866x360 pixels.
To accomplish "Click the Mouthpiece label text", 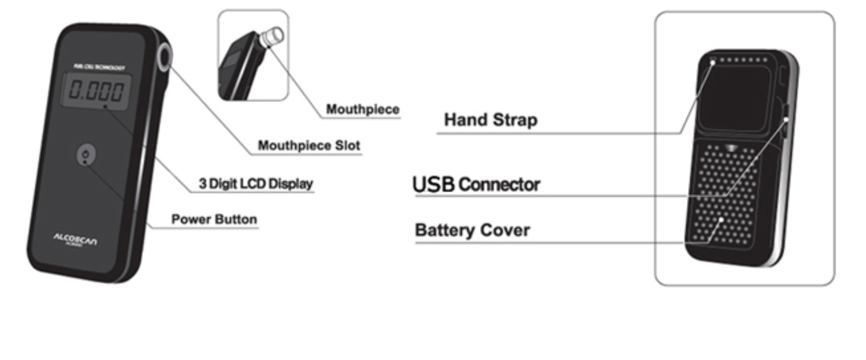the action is tap(363, 109).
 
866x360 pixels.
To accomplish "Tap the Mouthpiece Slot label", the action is tap(309, 146).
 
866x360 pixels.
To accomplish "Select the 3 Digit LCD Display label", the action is tap(255, 184).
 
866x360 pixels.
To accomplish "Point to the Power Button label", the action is tap(214, 219).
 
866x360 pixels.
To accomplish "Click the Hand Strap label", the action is tap(490, 120).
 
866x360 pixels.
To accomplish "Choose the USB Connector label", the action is tap(476, 185).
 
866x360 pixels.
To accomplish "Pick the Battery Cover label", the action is tap(472, 230).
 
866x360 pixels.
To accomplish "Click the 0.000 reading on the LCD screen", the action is tap(97, 90).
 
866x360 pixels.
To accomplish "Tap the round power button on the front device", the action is tap(86, 155).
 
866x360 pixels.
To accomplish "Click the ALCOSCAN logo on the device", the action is tap(75, 239).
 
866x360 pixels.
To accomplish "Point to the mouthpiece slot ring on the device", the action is tap(165, 57).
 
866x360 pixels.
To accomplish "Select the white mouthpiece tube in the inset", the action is tap(272, 36).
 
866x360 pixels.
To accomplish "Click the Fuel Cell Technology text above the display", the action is tap(99, 67).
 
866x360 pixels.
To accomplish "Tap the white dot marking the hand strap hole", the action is tap(713, 63).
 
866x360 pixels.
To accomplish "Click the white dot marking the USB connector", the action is tap(785, 119).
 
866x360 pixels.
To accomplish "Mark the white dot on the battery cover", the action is tap(722, 220).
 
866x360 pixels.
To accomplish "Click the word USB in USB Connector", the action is tap(433, 185).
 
